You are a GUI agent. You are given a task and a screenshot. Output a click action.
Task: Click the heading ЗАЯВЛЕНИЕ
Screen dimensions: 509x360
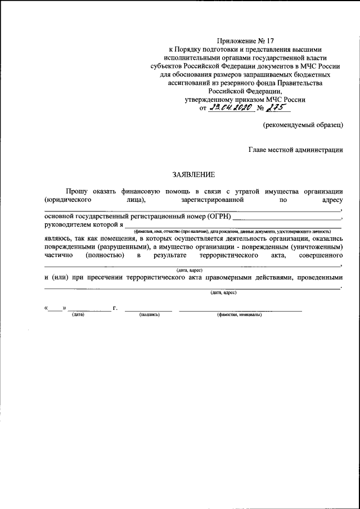[193, 174]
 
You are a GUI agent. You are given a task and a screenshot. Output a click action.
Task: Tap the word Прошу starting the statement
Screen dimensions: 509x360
[76, 191]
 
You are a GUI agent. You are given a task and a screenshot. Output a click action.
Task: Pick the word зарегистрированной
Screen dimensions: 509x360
[211, 199]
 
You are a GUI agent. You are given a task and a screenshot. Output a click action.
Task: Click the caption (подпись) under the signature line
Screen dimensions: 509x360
[149, 314]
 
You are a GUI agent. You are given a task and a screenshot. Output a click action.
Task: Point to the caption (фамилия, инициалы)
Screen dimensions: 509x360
[239, 314]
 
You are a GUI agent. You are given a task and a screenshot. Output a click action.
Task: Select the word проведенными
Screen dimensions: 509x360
[318, 278]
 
